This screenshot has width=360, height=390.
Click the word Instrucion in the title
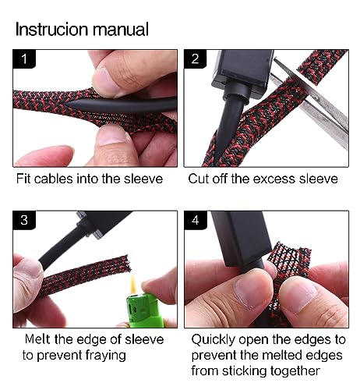pos(52,29)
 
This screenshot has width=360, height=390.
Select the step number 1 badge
pos(24,59)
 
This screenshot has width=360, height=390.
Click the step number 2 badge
pos(195,59)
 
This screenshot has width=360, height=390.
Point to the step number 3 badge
pos(24,220)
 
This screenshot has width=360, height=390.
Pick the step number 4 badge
pos(196,220)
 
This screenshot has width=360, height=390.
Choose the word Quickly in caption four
pos(214,340)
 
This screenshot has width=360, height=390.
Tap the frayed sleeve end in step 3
pos(127,263)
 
